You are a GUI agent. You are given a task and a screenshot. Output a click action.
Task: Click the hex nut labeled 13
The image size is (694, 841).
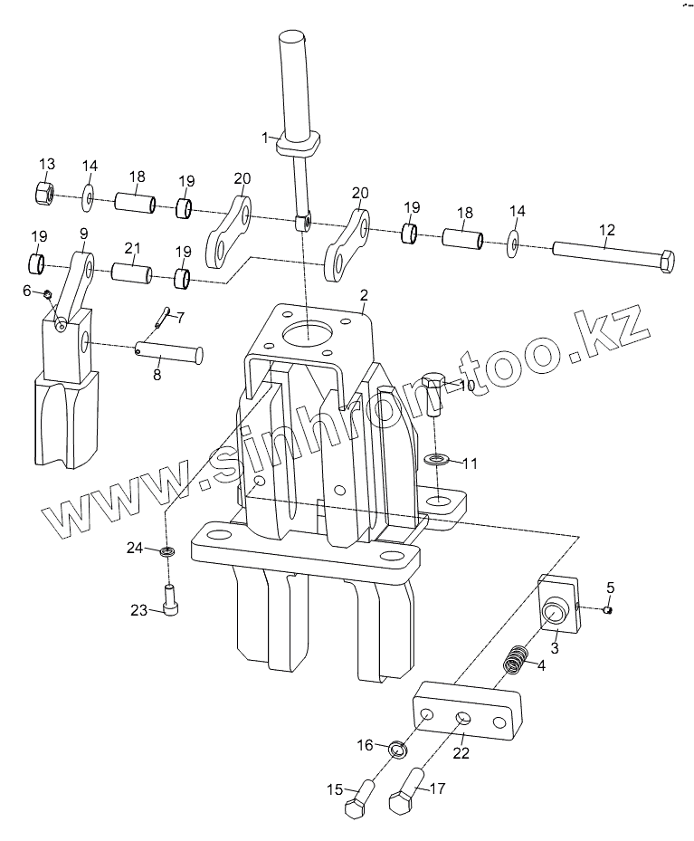tap(45, 192)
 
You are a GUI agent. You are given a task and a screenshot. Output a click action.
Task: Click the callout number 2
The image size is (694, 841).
tap(364, 295)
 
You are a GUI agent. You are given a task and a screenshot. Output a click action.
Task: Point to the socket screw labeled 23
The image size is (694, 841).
tap(170, 599)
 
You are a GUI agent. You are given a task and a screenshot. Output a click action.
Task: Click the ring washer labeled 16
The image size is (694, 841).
tap(396, 750)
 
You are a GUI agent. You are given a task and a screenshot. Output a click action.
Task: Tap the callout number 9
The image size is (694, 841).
tap(83, 233)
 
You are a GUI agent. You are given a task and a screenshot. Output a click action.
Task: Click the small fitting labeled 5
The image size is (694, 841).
tap(608, 609)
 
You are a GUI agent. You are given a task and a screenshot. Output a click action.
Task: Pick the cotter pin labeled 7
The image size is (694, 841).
tap(162, 314)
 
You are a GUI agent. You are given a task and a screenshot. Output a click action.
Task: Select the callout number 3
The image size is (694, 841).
tap(555, 647)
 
